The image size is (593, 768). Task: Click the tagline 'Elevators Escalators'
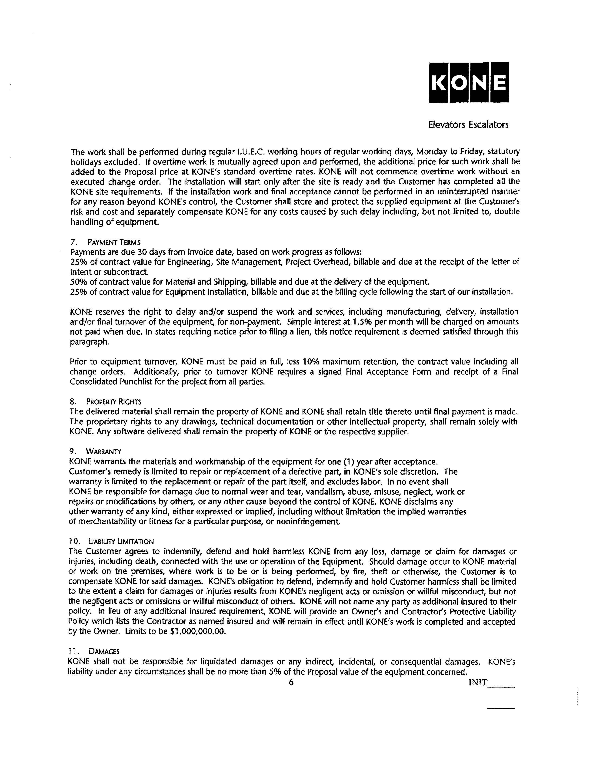coord(468,125)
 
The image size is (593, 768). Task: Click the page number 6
coord(291,683)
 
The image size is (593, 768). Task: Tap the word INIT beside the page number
coord(478,683)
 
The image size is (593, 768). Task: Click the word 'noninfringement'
coord(307,522)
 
